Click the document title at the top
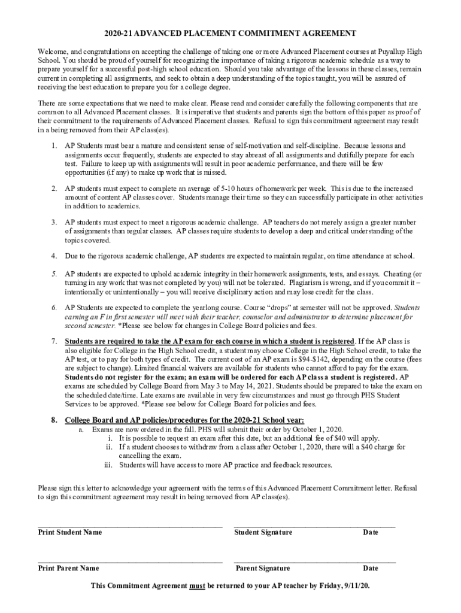coord(230,34)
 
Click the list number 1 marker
coord(54,145)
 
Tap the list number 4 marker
coord(54,256)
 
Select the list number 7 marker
coord(54,341)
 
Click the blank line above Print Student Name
coord(130,526)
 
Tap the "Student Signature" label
coord(263,532)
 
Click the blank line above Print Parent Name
coord(130,562)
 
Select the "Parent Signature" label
coord(263,568)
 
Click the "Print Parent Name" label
coord(68,568)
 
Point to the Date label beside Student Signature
coord(371,532)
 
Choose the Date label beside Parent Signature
coord(371,568)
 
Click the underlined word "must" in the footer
coord(198,585)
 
